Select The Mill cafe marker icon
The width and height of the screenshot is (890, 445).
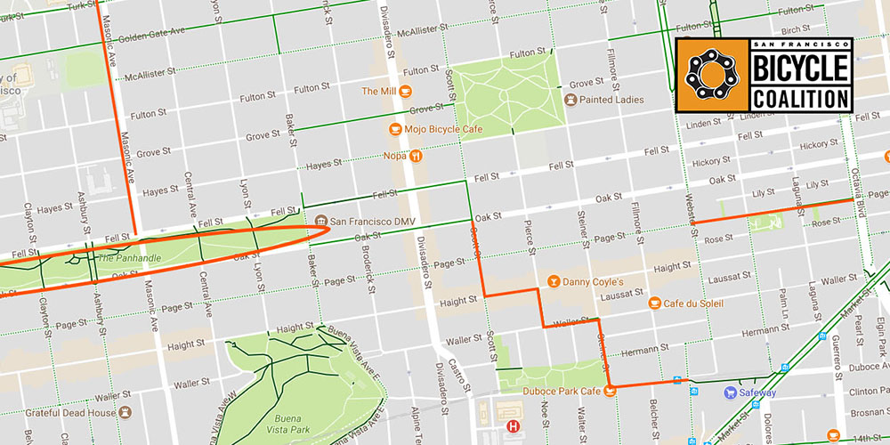405,91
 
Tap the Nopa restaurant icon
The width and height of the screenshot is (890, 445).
415,155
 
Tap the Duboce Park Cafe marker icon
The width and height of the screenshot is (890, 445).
610,389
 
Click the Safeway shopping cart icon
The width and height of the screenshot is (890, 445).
729,392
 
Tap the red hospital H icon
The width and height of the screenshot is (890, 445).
513,426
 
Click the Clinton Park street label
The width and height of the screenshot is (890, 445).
862,391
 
